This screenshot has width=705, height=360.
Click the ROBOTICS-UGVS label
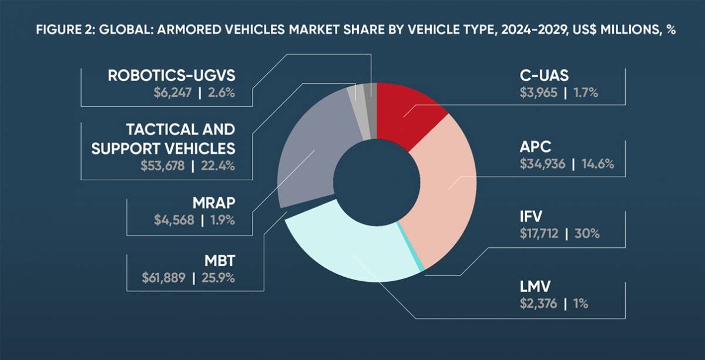pyautogui.click(x=171, y=76)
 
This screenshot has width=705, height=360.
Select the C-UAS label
pyautogui.click(x=542, y=76)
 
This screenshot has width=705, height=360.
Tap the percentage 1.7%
pyautogui.click(x=585, y=93)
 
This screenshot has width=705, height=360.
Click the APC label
pyautogui.click(x=535, y=147)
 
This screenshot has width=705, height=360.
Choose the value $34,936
pyautogui.click(x=542, y=164)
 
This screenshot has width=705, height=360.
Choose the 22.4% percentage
pyautogui.click(x=218, y=166)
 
